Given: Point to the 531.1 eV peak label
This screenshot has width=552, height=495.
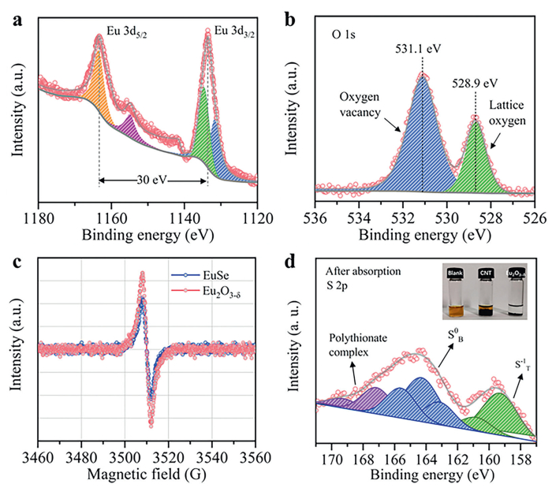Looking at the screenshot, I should [422, 46].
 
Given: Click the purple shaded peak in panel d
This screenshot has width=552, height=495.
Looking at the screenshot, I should [372, 399].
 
